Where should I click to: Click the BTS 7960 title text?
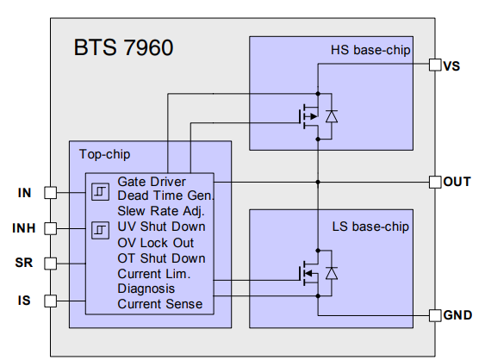click(123, 47)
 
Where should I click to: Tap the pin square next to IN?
click(51, 193)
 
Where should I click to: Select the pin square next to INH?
click(51, 228)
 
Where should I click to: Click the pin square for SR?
click(51, 263)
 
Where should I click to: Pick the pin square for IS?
click(51, 301)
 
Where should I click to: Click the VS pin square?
click(434, 65)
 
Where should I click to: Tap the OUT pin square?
click(434, 182)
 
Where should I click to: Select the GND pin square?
click(434, 315)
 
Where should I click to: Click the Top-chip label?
click(105, 155)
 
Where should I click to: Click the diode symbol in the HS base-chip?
click(332, 115)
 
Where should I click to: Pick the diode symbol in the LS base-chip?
click(332, 273)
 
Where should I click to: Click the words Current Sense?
click(160, 303)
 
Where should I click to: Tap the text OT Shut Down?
click(161, 258)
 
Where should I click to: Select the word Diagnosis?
click(146, 289)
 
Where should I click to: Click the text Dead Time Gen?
click(164, 196)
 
